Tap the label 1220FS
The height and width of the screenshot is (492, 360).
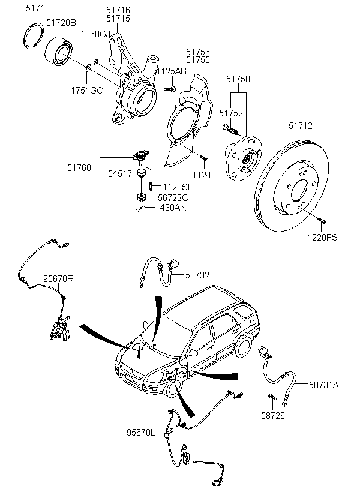click(x=322, y=238)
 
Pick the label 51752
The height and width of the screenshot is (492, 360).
click(x=230, y=112)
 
